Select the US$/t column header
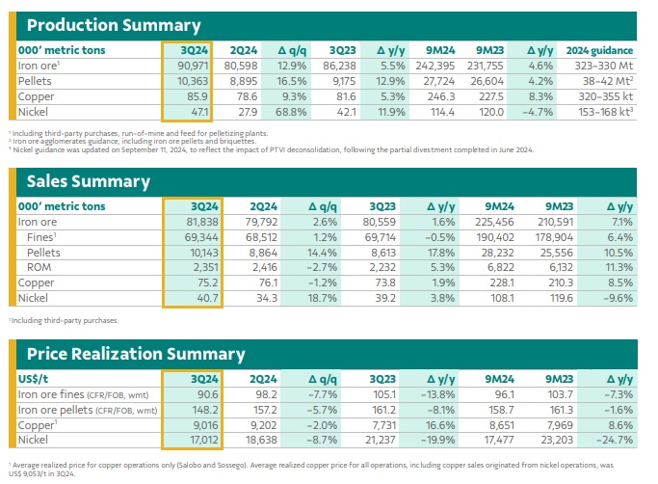[x=35, y=377]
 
